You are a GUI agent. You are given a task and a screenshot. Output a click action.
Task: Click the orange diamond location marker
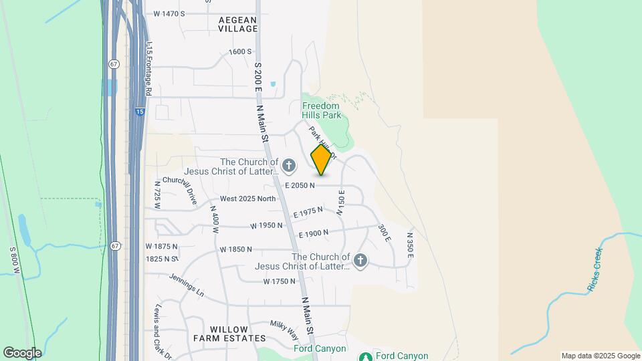(322, 160)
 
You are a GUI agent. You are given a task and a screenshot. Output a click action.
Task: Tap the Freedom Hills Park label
(321, 110)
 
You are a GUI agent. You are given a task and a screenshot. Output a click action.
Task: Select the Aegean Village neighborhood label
(238, 24)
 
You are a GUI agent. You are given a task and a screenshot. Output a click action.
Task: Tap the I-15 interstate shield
(138, 112)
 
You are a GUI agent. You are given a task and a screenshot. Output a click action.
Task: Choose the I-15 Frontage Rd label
(148, 67)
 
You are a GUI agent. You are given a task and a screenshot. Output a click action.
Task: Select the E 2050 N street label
(300, 185)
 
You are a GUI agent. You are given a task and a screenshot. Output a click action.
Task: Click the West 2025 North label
(247, 199)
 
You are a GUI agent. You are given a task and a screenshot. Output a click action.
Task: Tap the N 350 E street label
(410, 245)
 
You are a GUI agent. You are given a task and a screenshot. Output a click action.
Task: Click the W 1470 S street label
(169, 13)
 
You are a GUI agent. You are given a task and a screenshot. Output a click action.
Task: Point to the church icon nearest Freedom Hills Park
(289, 164)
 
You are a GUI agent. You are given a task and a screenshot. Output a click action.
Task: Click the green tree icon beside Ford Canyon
(366, 356)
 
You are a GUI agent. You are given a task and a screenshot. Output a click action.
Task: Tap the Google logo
(22, 353)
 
